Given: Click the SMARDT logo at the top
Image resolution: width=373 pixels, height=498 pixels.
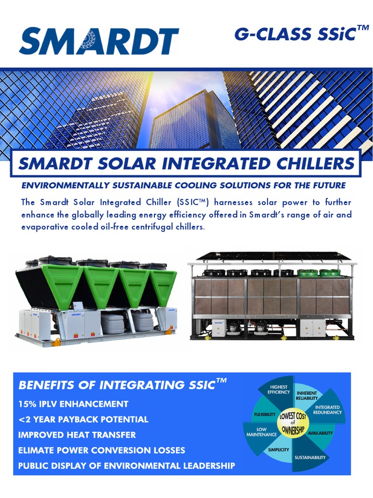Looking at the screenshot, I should pyautogui.click(x=99, y=41).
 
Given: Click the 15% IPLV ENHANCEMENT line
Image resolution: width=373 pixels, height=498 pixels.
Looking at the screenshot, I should pyautogui.click(x=73, y=404).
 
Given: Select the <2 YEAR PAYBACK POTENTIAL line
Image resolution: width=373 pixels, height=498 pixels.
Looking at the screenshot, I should pyautogui.click(x=83, y=419).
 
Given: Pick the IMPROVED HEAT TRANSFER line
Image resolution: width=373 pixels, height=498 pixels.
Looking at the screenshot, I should pyautogui.click(x=77, y=435).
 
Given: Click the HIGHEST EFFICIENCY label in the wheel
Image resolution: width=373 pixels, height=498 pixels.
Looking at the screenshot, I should pyautogui.click(x=278, y=390).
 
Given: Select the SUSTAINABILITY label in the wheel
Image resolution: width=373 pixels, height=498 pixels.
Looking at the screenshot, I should pyautogui.click(x=310, y=458).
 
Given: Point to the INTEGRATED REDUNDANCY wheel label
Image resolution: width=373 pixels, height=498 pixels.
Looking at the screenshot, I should pyautogui.click(x=327, y=409).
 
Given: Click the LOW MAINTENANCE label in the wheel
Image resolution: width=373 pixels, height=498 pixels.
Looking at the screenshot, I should pyautogui.click(x=261, y=432).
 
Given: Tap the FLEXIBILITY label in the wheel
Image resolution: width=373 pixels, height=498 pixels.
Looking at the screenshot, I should pyautogui.click(x=265, y=414).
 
